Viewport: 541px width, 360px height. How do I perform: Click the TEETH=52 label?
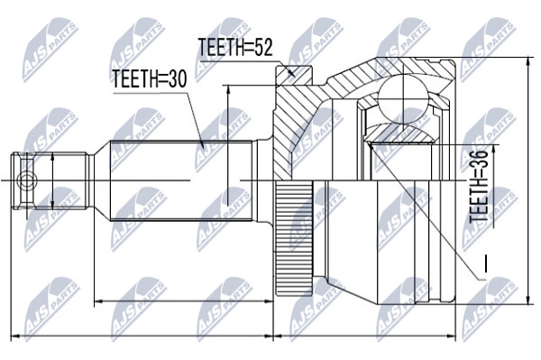click(235, 47)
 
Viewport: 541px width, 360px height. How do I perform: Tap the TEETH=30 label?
click(150, 78)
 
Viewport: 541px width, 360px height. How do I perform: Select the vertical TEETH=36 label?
click(480, 186)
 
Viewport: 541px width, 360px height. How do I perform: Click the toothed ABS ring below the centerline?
click(294, 238)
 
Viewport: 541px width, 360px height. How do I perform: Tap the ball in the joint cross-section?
click(403, 97)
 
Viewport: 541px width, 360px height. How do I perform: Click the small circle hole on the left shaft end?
click(27, 180)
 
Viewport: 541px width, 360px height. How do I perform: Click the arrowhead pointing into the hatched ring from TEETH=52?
click(292, 72)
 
